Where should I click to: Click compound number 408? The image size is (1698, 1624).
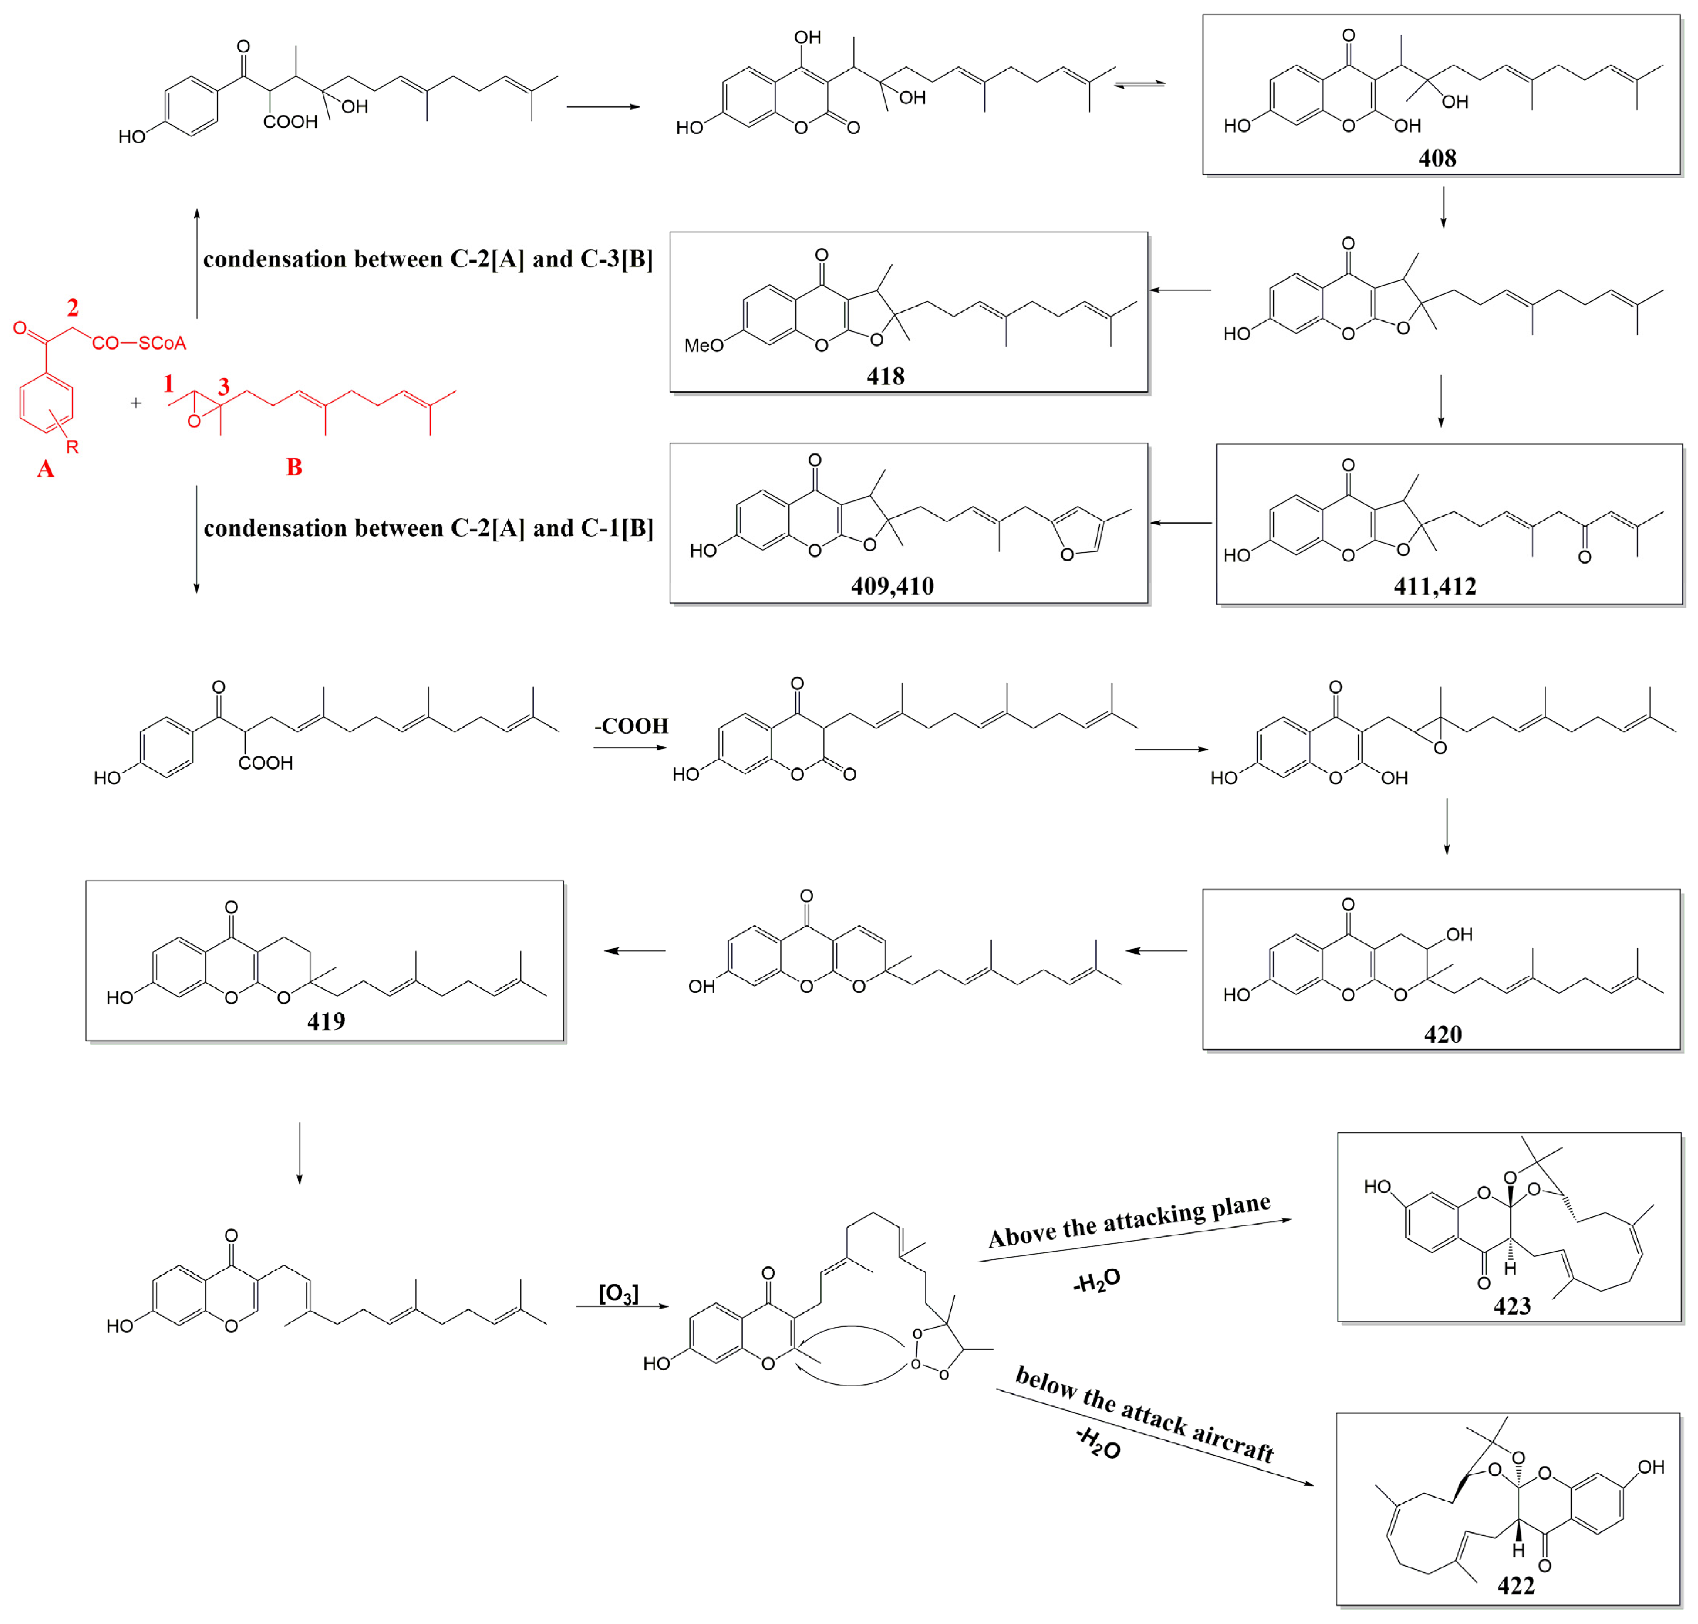(1437, 158)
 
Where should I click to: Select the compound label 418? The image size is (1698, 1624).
(885, 377)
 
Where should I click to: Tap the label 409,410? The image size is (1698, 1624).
(892, 586)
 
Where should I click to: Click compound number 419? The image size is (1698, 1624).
(326, 1021)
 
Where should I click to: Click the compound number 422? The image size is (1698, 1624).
(1515, 1586)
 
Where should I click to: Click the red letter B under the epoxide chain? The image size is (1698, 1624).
(294, 467)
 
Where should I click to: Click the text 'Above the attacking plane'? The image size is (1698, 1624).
(1129, 1221)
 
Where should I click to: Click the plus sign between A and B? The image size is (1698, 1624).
(136, 403)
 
